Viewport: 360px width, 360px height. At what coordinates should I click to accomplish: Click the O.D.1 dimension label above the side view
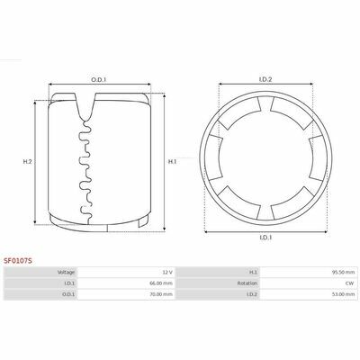(99, 80)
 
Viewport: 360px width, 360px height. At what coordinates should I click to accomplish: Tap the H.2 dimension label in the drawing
(27, 161)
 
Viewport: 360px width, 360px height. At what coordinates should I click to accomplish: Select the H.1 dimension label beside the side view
(172, 162)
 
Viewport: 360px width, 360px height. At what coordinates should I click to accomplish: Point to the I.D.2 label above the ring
(265, 79)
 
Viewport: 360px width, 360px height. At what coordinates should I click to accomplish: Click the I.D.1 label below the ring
(265, 238)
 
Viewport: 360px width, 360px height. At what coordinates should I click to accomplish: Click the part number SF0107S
(18, 261)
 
